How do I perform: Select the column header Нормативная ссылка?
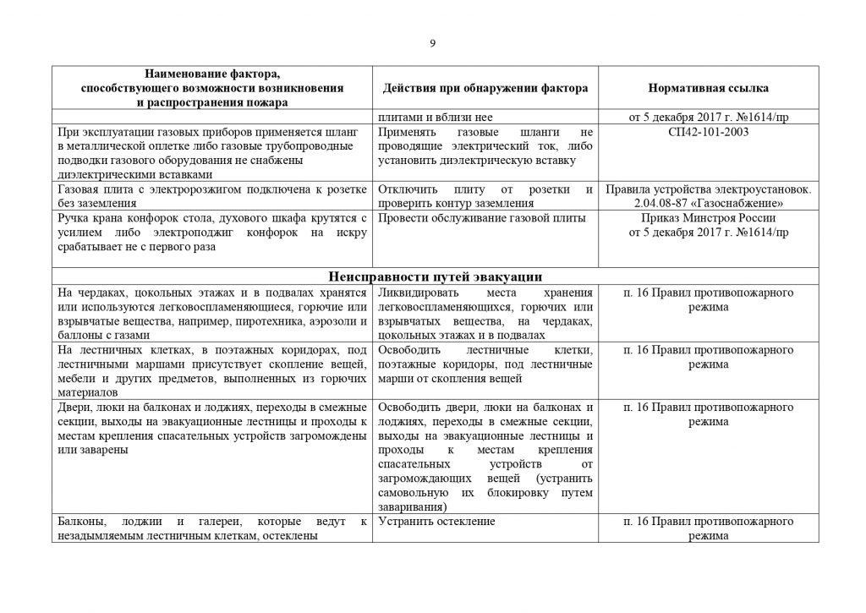pyautogui.click(x=708, y=88)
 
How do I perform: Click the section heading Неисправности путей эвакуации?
pyautogui.click(x=434, y=276)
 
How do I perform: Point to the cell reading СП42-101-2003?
pyautogui.click(x=708, y=133)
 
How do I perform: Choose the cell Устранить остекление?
pyautogui.click(x=436, y=522)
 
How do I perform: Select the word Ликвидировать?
pyautogui.click(x=419, y=293)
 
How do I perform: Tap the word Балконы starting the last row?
pyautogui.click(x=78, y=522)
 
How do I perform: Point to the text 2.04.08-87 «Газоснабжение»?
pyautogui.click(x=708, y=204)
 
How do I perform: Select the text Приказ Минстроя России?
pyautogui.click(x=708, y=218)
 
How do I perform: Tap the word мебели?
pyautogui.click(x=73, y=378)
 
